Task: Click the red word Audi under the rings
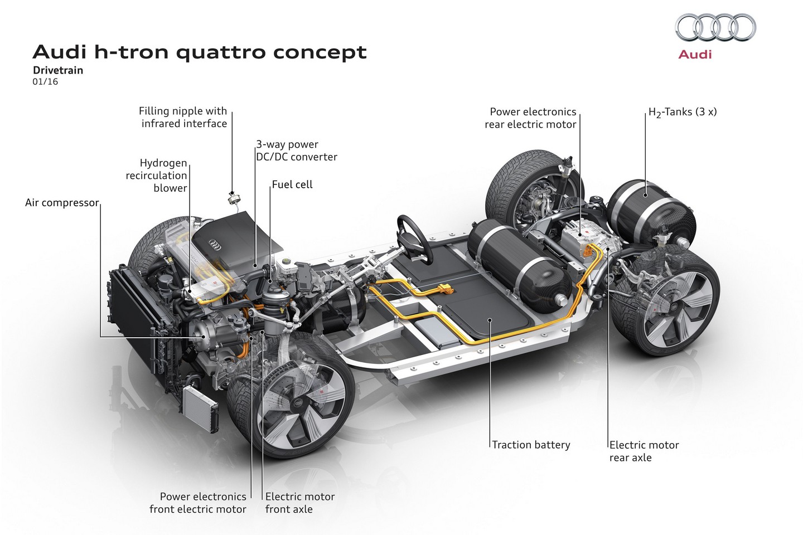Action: pos(695,54)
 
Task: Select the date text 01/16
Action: pos(45,81)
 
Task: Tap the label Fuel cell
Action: pos(292,184)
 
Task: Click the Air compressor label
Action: pos(62,203)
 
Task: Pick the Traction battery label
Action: pos(531,445)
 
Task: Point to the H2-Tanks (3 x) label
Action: pos(683,112)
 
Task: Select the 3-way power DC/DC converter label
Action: pos(296,150)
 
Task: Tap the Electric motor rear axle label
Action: pos(644,451)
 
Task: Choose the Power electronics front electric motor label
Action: pos(198,503)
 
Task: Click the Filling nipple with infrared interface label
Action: pos(183,117)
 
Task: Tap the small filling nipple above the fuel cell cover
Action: pos(233,196)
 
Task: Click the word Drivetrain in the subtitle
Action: pos(57,70)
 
